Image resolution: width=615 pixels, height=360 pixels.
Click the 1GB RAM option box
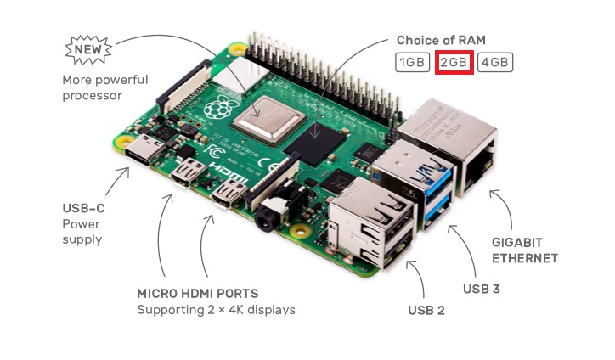[x=412, y=62]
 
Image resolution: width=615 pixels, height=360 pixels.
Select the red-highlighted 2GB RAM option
[x=454, y=62]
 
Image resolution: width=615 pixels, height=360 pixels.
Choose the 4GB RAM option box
[x=495, y=62]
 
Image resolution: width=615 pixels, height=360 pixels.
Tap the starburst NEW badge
[x=88, y=50]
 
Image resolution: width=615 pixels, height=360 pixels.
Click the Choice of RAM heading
[x=441, y=40]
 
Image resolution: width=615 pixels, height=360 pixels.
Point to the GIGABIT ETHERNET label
[x=525, y=250]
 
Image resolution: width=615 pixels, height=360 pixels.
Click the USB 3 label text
[x=482, y=289]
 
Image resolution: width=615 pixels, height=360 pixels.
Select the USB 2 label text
[x=426, y=310]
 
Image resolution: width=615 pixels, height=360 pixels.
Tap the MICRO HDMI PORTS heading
[x=198, y=293]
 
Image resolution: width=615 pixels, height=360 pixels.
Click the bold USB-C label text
[x=83, y=208]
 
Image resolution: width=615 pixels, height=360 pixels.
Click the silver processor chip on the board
[x=268, y=119]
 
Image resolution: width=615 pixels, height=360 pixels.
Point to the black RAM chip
[x=315, y=144]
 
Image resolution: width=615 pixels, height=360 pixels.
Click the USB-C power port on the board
[x=144, y=149]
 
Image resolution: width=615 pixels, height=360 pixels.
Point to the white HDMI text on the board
[x=228, y=172]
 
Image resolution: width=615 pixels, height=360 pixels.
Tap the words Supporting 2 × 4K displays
[x=216, y=310]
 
